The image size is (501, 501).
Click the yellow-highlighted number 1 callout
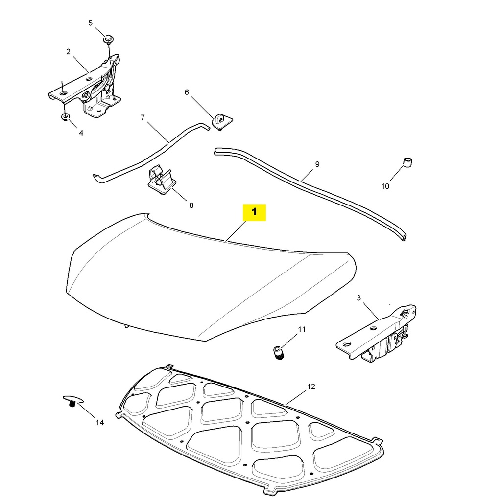tap(254, 212)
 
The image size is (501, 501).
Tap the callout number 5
tap(90, 23)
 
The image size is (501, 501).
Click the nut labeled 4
tap(65, 117)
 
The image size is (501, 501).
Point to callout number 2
tap(68, 51)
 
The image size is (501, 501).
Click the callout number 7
tap(143, 117)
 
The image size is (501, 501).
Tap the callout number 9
tap(317, 164)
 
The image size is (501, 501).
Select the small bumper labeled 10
tap(407, 162)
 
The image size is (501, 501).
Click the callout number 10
tap(385, 186)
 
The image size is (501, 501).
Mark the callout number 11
tap(302, 330)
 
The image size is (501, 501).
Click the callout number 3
tap(358, 298)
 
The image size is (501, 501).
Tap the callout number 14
tap(100, 423)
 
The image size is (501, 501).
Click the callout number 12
tap(311, 387)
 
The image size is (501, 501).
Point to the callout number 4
tap(81, 133)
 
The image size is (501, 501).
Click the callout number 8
tap(191, 205)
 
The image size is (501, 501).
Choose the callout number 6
tap(187, 92)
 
